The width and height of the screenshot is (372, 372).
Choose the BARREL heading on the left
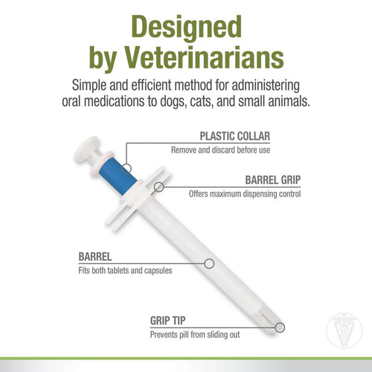point(95,257)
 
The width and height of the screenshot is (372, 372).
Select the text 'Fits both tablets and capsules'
point(125,270)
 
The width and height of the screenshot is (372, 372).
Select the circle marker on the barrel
point(209,263)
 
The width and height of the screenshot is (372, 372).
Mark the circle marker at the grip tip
point(280,327)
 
